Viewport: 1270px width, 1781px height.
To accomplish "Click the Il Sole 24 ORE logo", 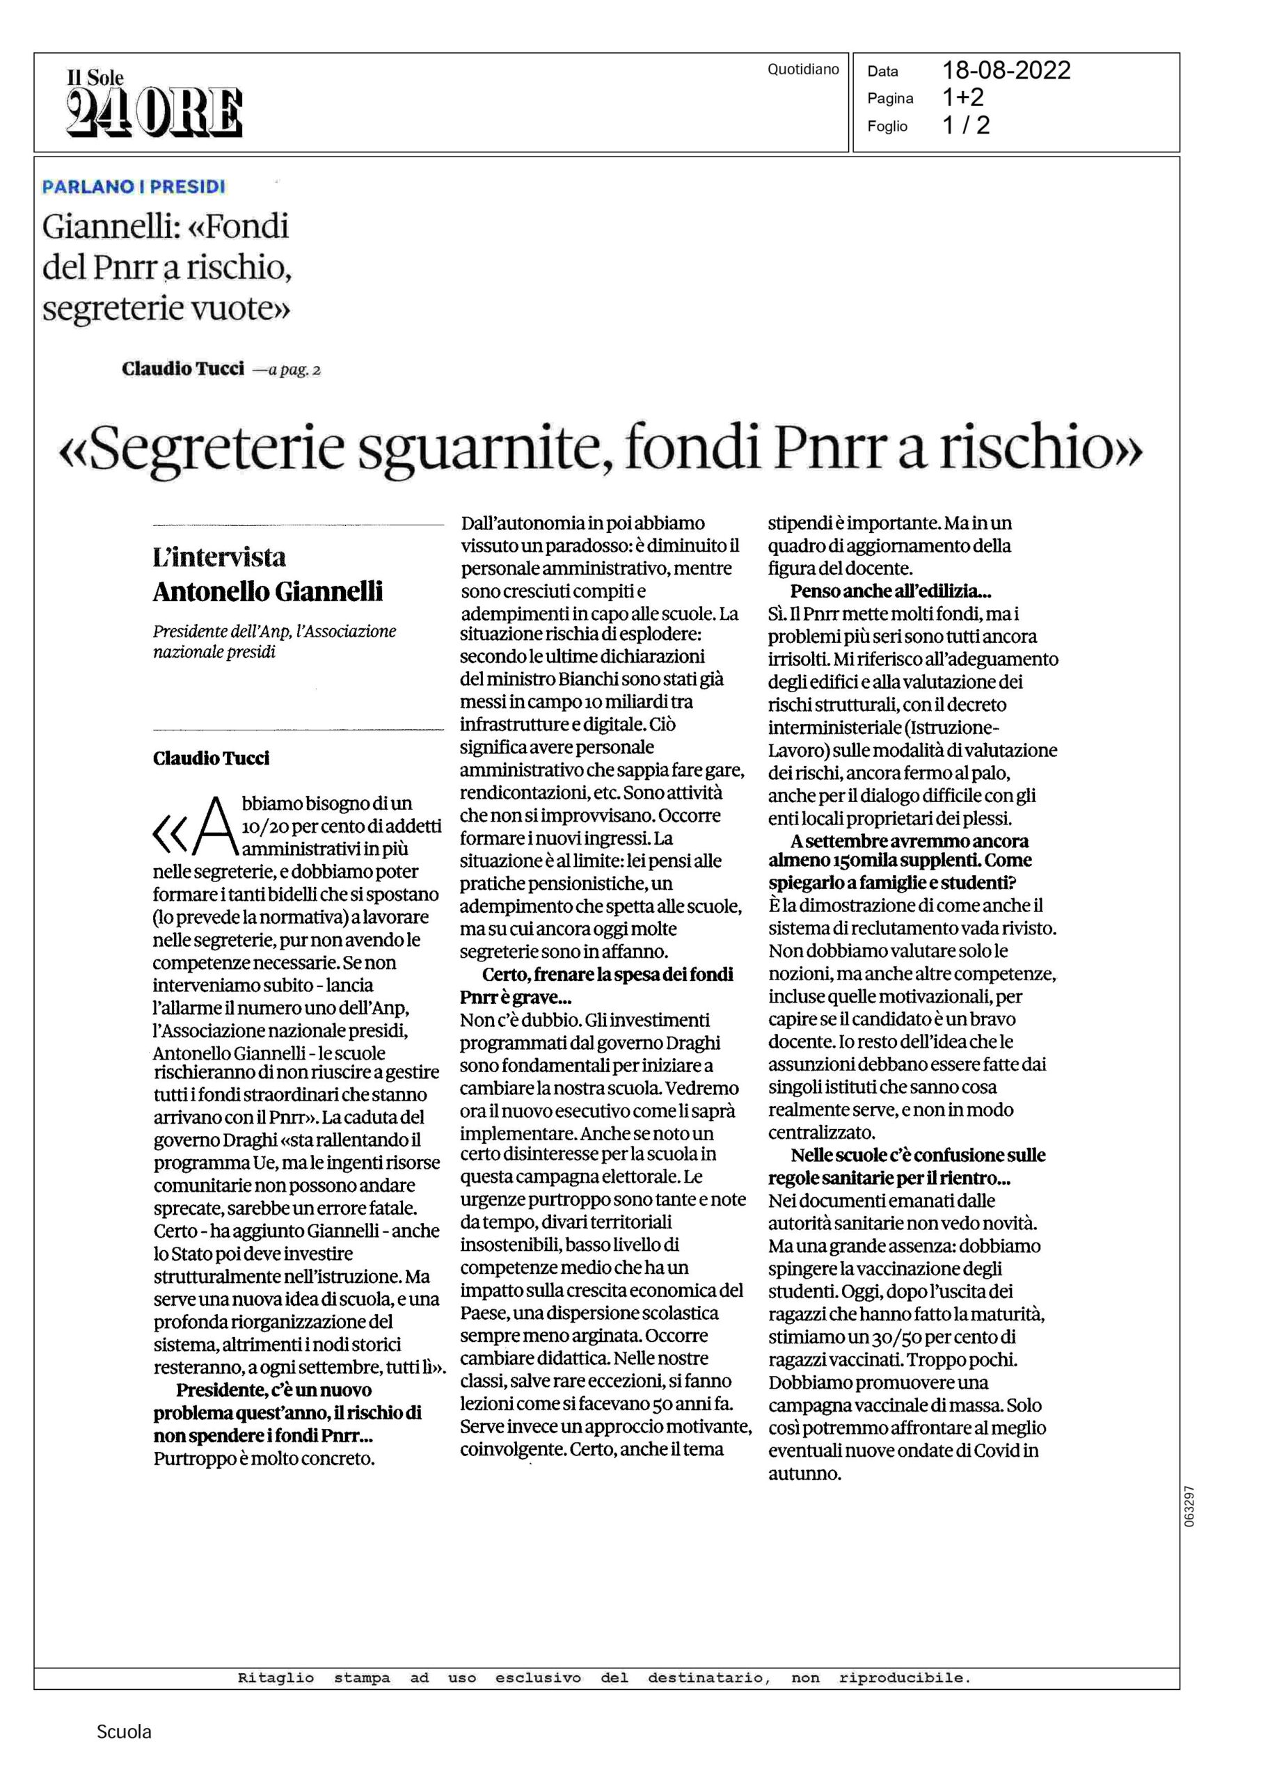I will [x=154, y=103].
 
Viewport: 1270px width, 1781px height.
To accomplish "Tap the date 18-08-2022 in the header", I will [x=1006, y=70].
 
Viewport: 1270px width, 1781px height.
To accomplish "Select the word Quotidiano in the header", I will [x=802, y=70].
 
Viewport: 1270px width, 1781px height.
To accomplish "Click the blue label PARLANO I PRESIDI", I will [x=134, y=187].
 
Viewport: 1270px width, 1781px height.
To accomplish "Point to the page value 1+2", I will [x=962, y=97].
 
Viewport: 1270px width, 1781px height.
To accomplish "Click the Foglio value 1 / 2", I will [x=966, y=125].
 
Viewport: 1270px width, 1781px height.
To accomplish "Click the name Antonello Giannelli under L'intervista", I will [x=267, y=591].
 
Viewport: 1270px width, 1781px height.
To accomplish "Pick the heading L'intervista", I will [x=219, y=557].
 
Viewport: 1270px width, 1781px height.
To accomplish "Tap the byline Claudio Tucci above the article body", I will [x=211, y=758].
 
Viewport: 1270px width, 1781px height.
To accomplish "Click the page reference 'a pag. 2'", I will [x=294, y=370].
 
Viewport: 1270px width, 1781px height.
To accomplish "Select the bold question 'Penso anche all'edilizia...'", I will [x=891, y=591].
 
